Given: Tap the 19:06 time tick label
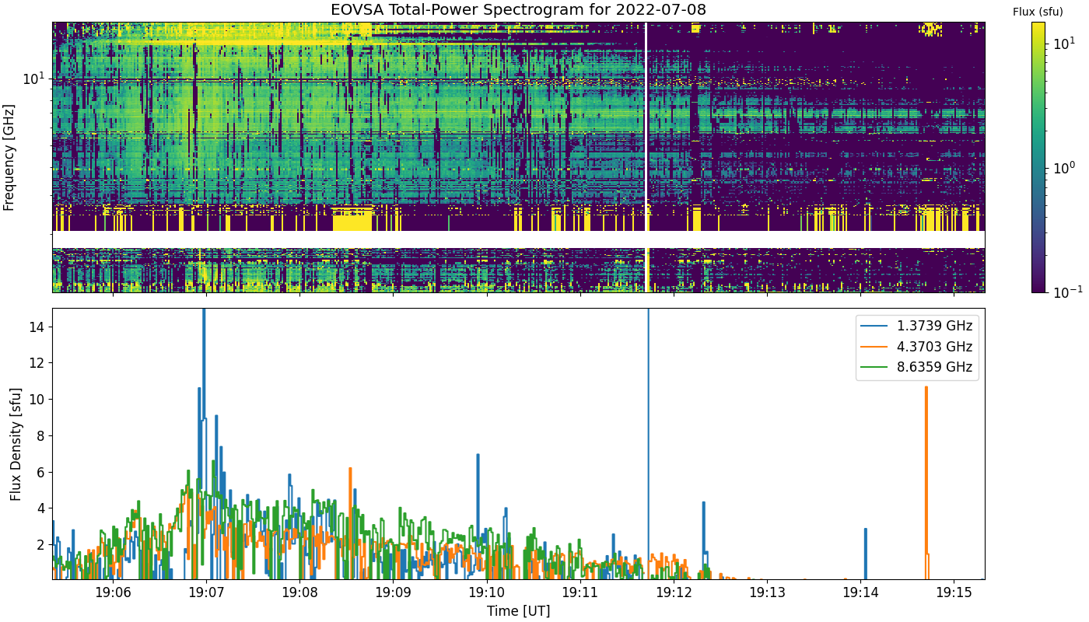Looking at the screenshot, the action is click(x=114, y=592).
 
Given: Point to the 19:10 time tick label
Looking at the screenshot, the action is click(x=487, y=592).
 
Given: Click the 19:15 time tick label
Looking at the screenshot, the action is click(x=954, y=592).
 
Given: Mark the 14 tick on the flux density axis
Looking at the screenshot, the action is click(x=37, y=327).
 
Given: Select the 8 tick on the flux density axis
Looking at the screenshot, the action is click(x=40, y=436).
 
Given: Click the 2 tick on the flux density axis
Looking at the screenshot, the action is click(x=40, y=545).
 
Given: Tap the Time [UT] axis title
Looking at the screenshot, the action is click(x=518, y=611).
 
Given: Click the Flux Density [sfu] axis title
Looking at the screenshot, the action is click(x=16, y=444).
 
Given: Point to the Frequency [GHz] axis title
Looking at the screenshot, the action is click(x=9, y=157).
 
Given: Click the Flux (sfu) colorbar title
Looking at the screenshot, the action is click(x=1038, y=12).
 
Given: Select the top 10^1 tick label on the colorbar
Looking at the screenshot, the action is click(x=1064, y=44).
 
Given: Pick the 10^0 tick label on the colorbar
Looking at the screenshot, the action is click(x=1064, y=168).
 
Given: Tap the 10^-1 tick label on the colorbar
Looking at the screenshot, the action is click(x=1067, y=292).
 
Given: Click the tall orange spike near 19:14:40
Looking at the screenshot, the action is click(x=926, y=481).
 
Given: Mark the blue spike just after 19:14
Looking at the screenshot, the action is click(x=865, y=554).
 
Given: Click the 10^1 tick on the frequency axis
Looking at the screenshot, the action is click(x=34, y=78).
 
